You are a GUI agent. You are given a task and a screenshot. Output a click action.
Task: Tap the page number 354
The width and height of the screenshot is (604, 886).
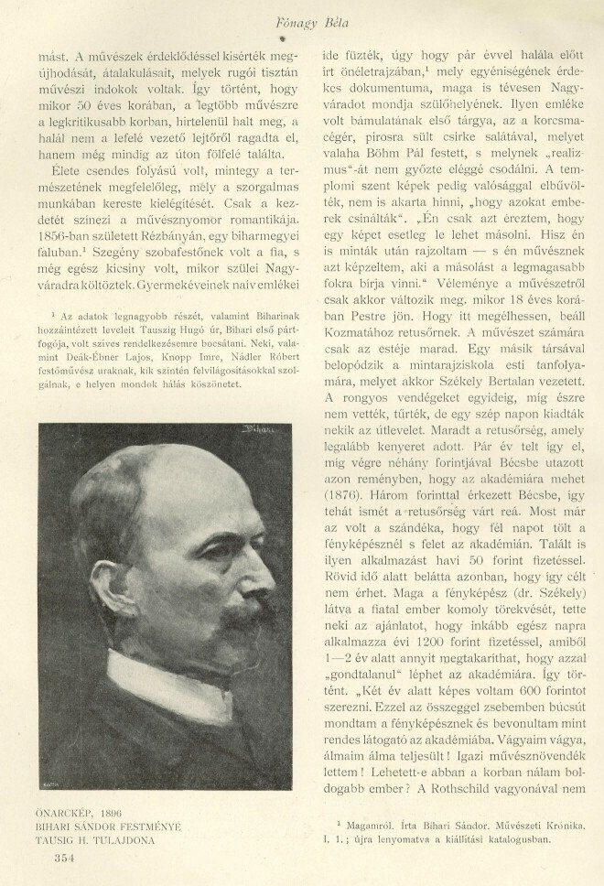pos(64,857)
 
